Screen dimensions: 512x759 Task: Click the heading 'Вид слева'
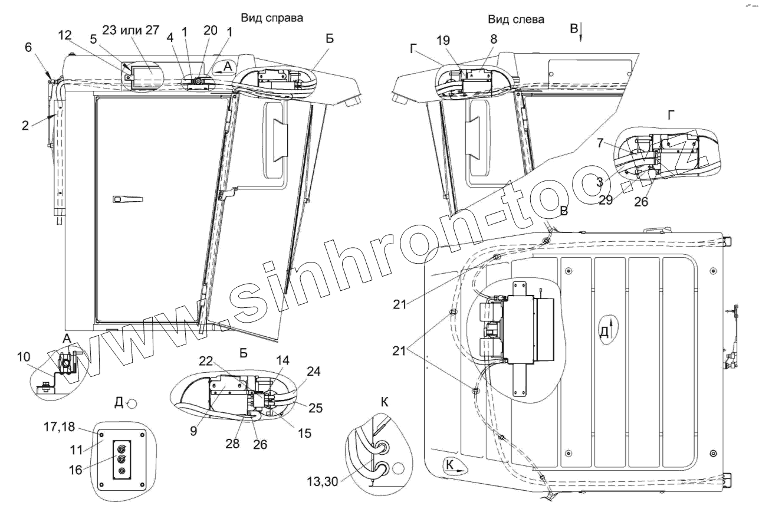[516, 19]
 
